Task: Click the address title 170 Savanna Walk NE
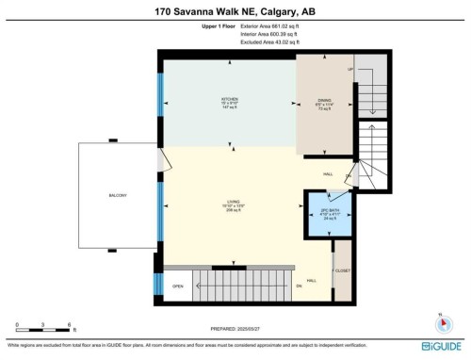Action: [x=235, y=12]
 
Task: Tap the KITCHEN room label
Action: [x=227, y=99]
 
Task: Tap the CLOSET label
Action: [x=343, y=270]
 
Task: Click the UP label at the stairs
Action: [x=350, y=70]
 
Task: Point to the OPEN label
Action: [x=176, y=286]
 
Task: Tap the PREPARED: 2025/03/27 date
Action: [x=235, y=328]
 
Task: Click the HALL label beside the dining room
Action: [x=328, y=173]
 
